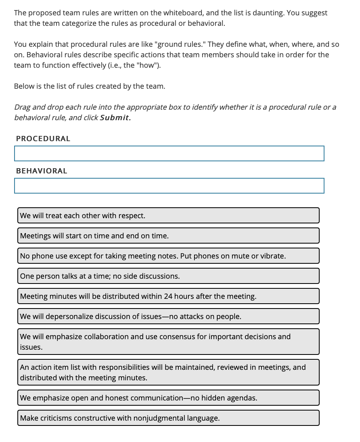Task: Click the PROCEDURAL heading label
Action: (43, 138)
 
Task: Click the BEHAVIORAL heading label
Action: (42, 171)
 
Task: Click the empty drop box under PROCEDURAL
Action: (169, 153)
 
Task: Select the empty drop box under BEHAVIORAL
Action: (169, 186)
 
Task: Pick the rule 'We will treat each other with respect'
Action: (168, 215)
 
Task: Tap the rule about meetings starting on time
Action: (168, 236)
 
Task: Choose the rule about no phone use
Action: (168, 256)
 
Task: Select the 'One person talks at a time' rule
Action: (168, 276)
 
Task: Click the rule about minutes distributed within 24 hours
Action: (168, 296)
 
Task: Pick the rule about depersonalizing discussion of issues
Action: (168, 316)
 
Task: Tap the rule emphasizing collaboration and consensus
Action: (168, 342)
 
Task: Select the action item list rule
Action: (168, 372)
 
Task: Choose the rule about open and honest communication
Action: (168, 398)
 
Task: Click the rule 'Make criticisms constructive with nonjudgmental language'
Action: (168, 418)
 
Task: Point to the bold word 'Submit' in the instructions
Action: (115, 118)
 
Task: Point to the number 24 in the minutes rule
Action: (168, 296)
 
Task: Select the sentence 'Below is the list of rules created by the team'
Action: (90, 86)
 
